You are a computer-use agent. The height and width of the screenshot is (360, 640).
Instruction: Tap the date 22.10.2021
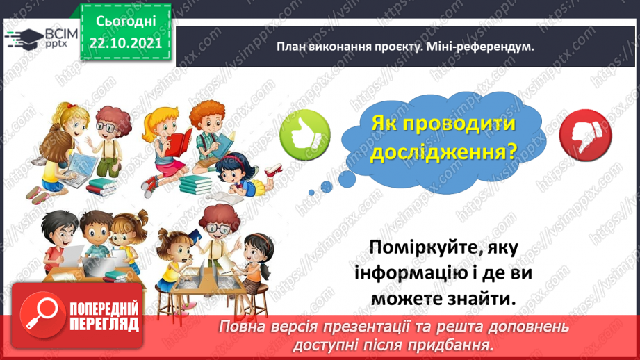pyautogui.click(x=125, y=42)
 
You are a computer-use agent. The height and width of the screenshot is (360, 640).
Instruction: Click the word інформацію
pyautogui.click(x=414, y=273)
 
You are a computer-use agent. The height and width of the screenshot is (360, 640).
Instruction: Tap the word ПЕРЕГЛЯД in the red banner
pyautogui.click(x=104, y=323)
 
